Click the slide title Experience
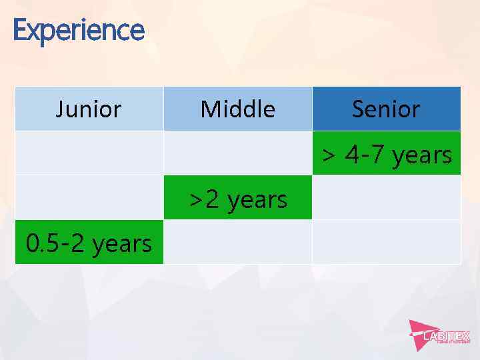(x=78, y=30)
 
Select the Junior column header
(x=89, y=109)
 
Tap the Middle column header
(x=237, y=109)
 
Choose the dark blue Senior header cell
(x=386, y=109)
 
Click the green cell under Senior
(x=387, y=153)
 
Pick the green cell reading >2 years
(x=237, y=198)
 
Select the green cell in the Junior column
(x=89, y=243)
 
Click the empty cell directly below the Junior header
(x=89, y=153)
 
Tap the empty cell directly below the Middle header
(x=237, y=153)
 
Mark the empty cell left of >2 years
(x=89, y=197)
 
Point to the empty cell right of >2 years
(x=387, y=197)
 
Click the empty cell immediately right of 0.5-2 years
(x=237, y=242)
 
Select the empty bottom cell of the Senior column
(x=387, y=242)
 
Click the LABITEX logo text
(x=447, y=336)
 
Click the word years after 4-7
(x=422, y=155)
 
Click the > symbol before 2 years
(x=196, y=199)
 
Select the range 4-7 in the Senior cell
(x=366, y=155)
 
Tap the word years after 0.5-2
(x=122, y=245)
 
